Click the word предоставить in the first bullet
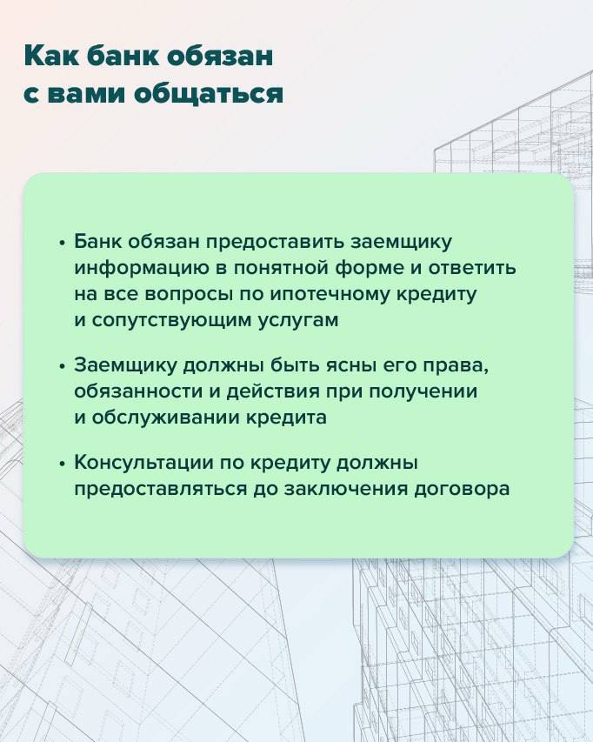pos(276,243)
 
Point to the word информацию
pos(142,269)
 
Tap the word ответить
pos(472,268)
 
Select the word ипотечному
pos(330,295)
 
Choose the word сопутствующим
pos(170,321)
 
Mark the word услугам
pos(298,321)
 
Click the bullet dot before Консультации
pos(62,465)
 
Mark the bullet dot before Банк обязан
pos(62,244)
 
